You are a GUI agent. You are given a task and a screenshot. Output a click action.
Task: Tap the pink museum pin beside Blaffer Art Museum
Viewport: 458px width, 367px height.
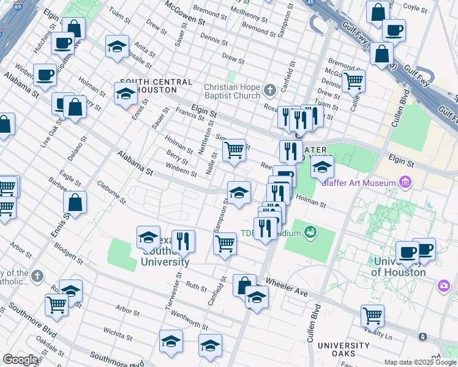[404, 182]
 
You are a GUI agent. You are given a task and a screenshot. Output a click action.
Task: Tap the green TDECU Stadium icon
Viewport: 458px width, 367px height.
[311, 232]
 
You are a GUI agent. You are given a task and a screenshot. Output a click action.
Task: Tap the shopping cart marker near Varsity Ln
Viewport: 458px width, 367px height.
[372, 316]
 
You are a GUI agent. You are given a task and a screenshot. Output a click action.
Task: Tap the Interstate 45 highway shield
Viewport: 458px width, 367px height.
[310, 2]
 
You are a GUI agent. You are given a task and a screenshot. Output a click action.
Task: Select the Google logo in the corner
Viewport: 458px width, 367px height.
[21, 360]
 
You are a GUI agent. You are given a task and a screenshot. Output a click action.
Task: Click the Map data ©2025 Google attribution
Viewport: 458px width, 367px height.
[420, 362]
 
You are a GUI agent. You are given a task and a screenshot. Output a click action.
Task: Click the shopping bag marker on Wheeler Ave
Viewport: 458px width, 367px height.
[244, 285]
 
